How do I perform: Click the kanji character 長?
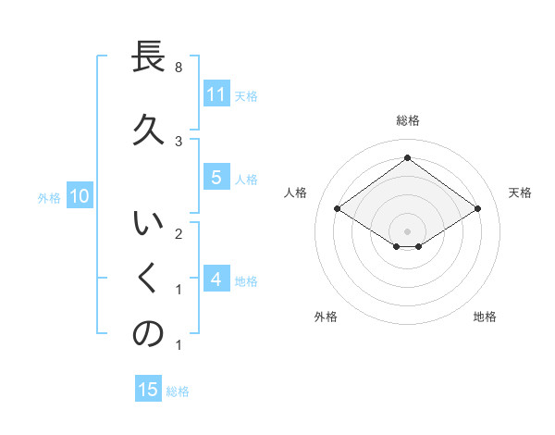click(x=148, y=57)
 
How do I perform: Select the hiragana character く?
click(x=148, y=278)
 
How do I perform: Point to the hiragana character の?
click(x=148, y=334)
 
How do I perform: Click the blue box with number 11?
click(x=216, y=94)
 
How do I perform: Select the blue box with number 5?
click(x=216, y=178)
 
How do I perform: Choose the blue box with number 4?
click(x=216, y=280)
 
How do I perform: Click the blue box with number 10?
click(x=79, y=196)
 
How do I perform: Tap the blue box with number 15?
click(x=148, y=390)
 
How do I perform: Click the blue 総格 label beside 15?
click(x=178, y=391)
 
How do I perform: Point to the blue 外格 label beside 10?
click(x=49, y=197)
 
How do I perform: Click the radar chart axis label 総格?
click(x=408, y=120)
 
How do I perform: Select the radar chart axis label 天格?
click(x=520, y=193)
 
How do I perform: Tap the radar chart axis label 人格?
click(x=296, y=193)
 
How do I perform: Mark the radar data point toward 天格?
click(x=477, y=209)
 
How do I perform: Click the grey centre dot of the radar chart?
click(x=408, y=230)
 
